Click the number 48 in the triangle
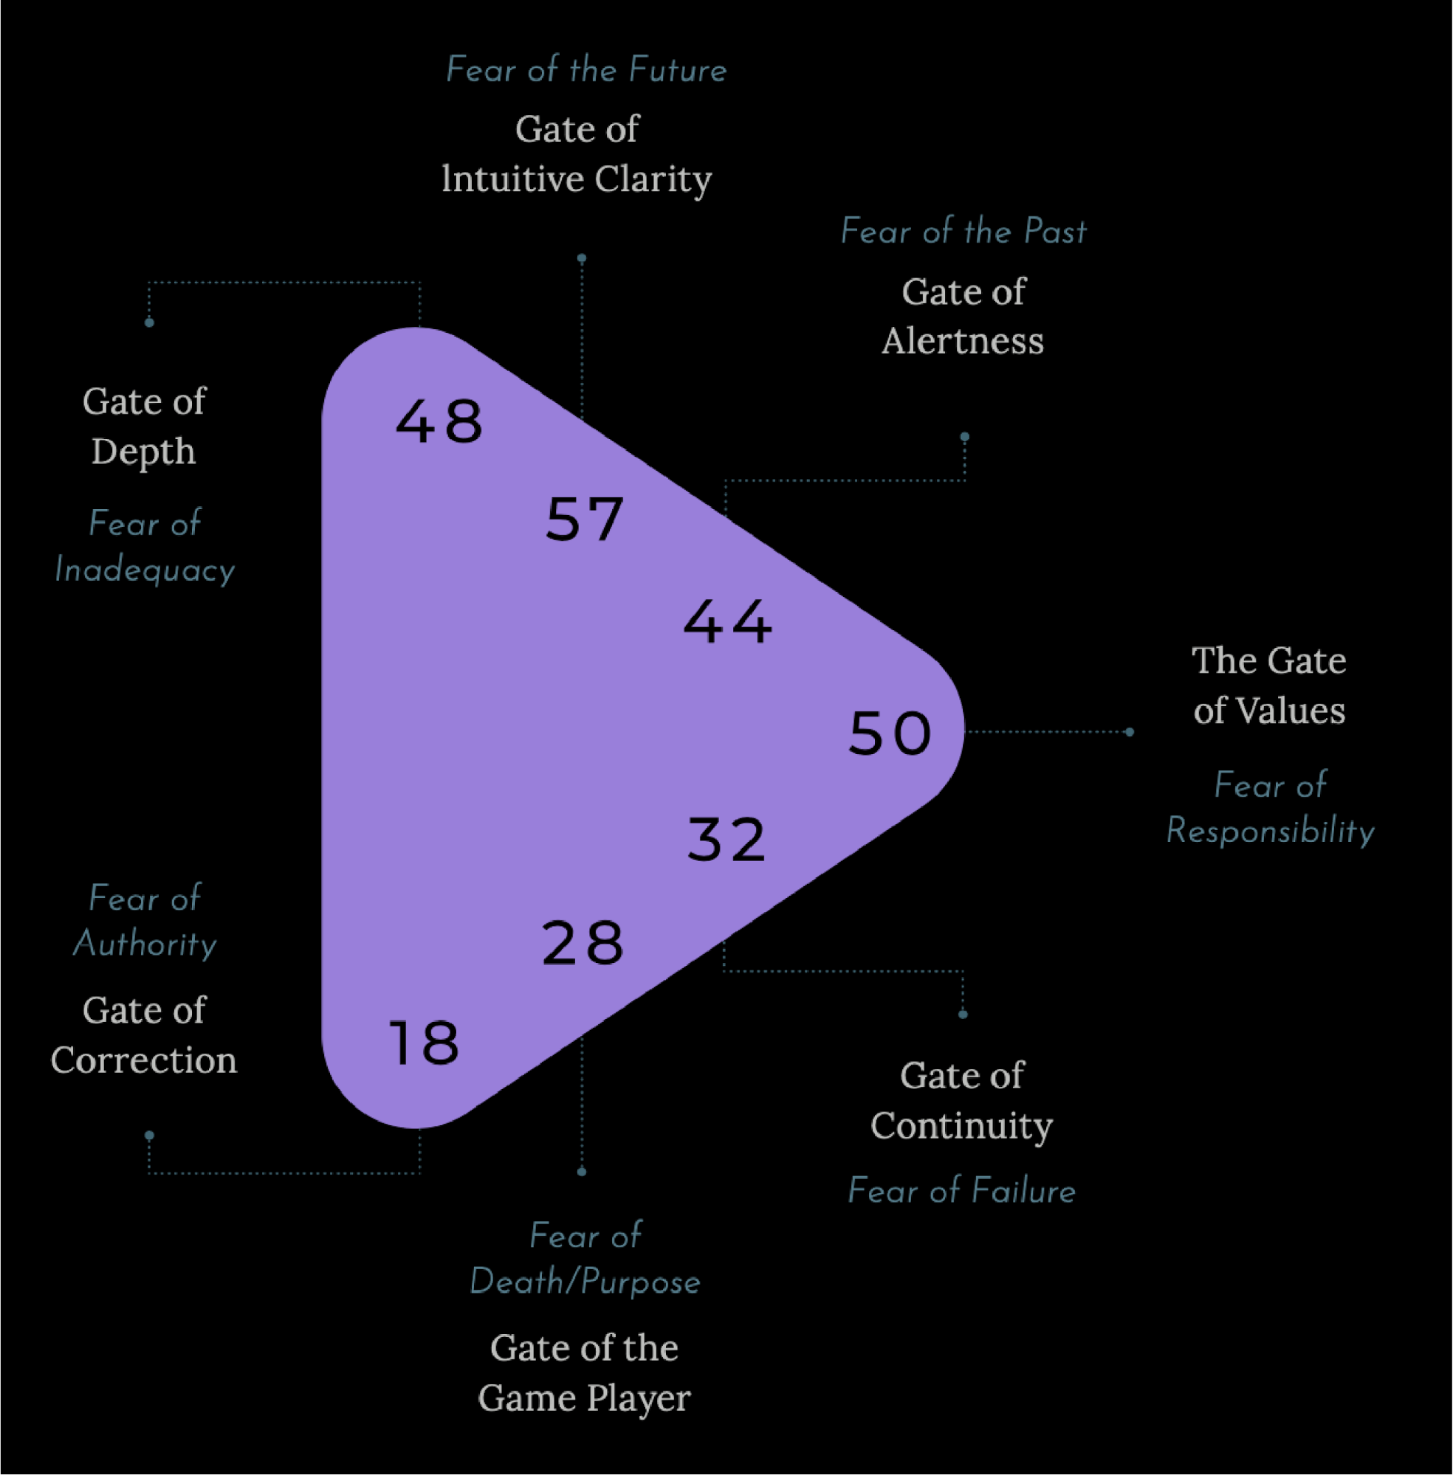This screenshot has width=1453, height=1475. (x=439, y=421)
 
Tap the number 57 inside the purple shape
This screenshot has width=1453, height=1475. (x=585, y=519)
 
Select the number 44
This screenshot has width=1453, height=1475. (x=726, y=621)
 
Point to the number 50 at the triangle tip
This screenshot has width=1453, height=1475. (x=890, y=733)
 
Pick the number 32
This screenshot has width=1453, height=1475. (x=726, y=840)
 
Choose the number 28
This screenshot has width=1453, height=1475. (x=583, y=943)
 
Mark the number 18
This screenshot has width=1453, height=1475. (x=425, y=1043)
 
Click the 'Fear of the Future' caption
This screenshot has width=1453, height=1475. (x=586, y=70)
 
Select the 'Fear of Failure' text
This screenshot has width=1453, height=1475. (x=961, y=1190)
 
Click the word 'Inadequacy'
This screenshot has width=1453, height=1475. (x=145, y=570)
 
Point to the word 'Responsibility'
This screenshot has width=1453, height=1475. (x=1270, y=831)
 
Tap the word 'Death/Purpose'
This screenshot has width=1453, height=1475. (x=585, y=1282)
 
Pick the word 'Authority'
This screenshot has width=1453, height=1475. (x=145, y=944)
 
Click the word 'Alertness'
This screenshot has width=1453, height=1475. (x=962, y=341)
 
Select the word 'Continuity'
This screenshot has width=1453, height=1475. (x=961, y=1126)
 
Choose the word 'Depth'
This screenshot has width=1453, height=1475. (x=143, y=452)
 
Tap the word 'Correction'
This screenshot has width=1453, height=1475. (x=143, y=1060)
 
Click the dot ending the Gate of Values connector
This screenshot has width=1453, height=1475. (x=1130, y=732)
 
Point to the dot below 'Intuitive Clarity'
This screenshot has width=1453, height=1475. (x=582, y=258)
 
